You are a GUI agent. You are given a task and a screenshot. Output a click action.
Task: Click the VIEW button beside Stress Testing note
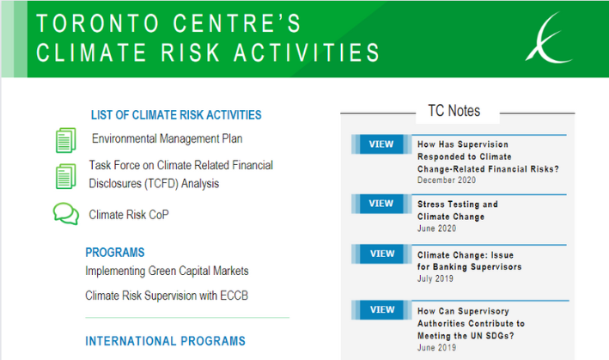pos(381,204)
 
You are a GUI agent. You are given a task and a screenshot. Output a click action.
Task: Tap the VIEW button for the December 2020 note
pos(381,144)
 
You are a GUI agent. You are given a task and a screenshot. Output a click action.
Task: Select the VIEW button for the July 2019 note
pos(381,253)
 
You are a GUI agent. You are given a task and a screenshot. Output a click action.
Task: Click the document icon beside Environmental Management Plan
pos(65,140)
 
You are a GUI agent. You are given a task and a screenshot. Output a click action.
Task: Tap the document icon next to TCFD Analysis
pos(65,176)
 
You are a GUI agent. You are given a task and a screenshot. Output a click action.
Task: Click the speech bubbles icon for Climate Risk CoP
pos(66,214)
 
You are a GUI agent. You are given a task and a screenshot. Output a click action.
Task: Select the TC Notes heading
pos(454,111)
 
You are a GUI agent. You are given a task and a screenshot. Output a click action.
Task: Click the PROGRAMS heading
pos(115,253)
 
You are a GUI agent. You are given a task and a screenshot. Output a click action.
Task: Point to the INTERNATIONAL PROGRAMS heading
pos(166,341)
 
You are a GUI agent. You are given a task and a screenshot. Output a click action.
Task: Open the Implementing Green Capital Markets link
pos(167,271)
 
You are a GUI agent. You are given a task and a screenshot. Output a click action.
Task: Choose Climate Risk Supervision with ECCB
pos(167,296)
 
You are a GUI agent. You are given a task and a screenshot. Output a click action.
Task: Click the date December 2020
pos(447,180)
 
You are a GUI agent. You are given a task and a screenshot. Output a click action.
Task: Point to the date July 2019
pos(435,278)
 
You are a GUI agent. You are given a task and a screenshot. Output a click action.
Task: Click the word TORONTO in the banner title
pos(98,23)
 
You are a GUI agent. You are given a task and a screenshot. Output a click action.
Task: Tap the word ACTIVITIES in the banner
pos(307,52)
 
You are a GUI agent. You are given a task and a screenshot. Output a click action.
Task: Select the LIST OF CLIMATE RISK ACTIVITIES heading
pos(176,115)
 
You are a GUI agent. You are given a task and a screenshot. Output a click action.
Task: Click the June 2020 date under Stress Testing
pos(437,229)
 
